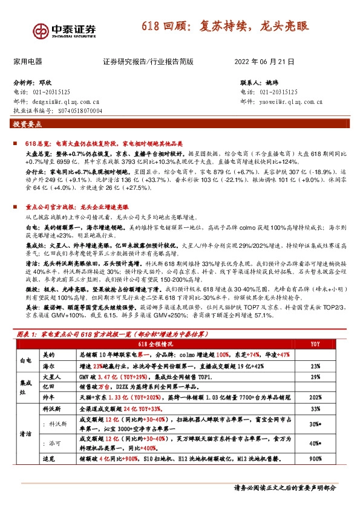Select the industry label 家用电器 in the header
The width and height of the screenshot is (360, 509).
pyautogui.click(x=28, y=62)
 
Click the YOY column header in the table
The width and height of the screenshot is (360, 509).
pyautogui.click(x=315, y=344)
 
